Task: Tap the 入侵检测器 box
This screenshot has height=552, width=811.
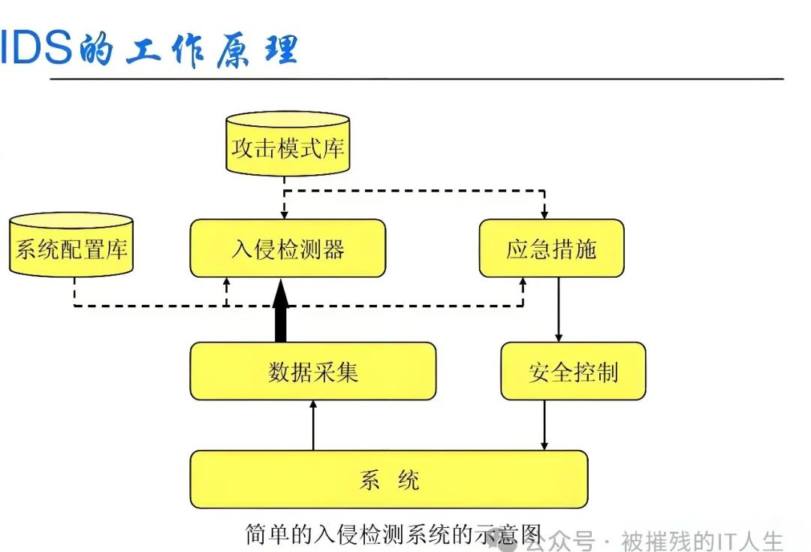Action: (x=288, y=248)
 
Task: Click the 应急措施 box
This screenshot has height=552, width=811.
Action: (x=551, y=248)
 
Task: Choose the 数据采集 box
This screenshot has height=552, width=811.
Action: (x=312, y=371)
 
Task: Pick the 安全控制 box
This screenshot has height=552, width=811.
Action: (x=573, y=371)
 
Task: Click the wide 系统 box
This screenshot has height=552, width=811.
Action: (x=389, y=479)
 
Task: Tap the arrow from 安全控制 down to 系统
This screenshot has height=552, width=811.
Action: (x=544, y=425)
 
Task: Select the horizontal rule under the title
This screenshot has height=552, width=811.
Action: (x=417, y=78)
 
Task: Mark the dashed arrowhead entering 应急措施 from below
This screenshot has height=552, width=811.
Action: (x=523, y=282)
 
